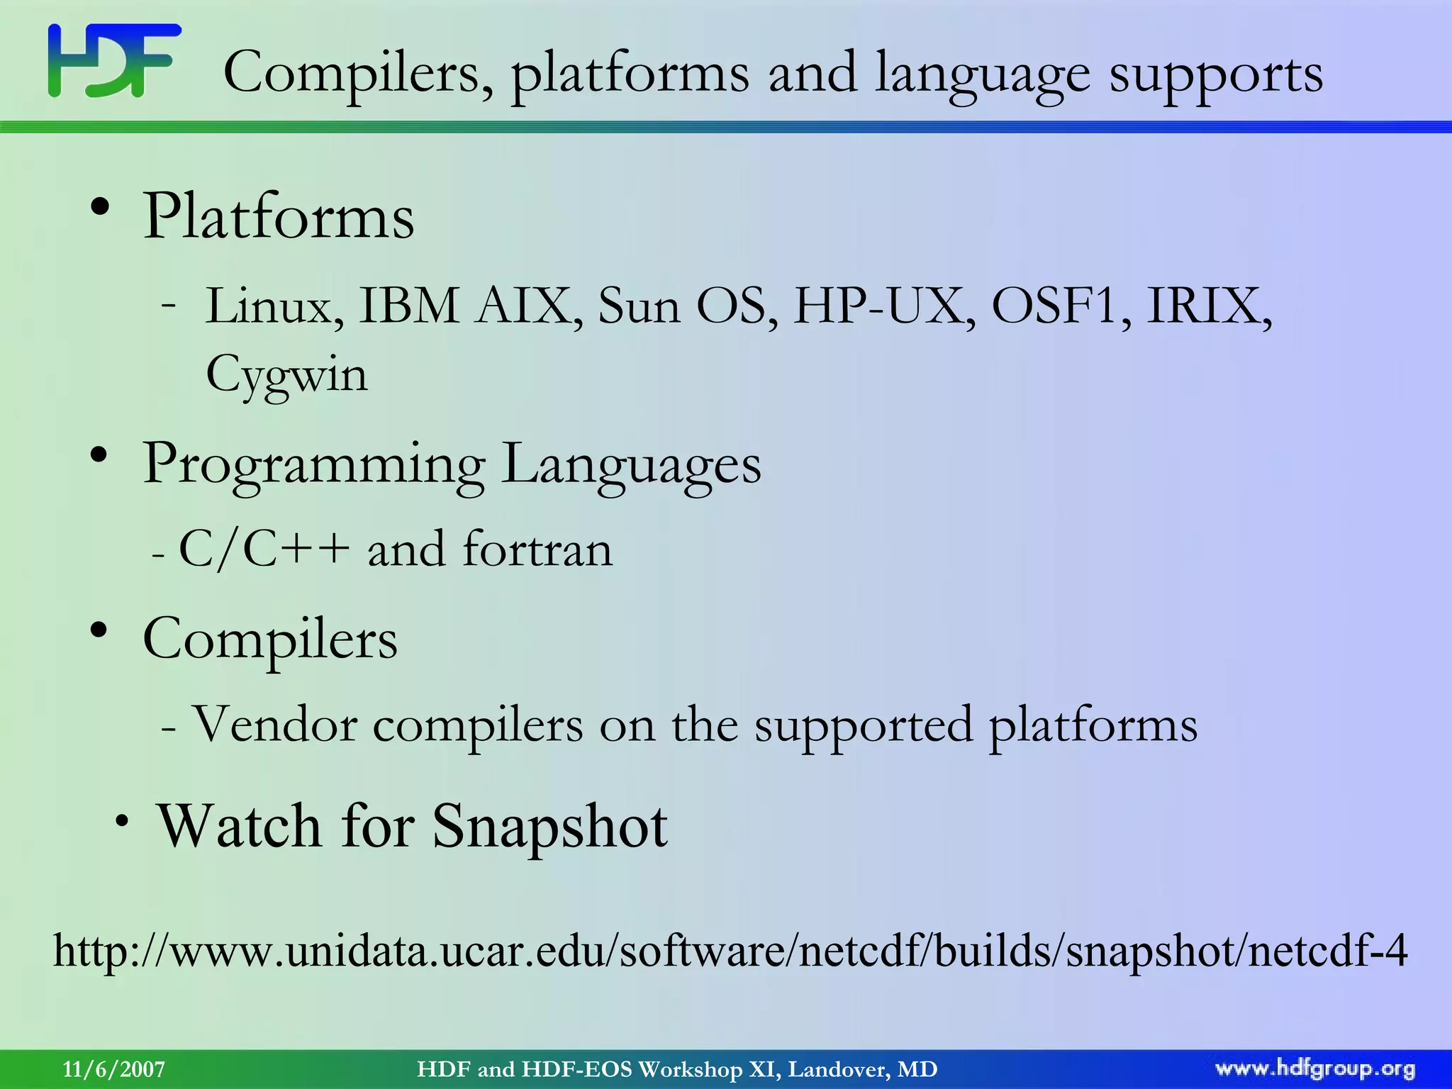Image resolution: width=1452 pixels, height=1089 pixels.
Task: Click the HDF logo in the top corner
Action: click(x=114, y=61)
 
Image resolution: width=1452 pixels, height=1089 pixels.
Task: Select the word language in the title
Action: click(x=982, y=73)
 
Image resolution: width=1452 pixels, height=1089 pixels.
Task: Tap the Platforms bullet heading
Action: click(x=279, y=216)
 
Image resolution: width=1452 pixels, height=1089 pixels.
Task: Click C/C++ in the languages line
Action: click(x=264, y=549)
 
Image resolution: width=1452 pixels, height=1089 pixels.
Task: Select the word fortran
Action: click(x=537, y=549)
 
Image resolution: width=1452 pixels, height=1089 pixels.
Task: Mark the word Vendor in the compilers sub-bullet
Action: click(x=274, y=725)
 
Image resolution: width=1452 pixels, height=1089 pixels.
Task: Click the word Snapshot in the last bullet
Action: click(x=549, y=827)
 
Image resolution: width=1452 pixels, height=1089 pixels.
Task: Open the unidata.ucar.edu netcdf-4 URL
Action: click(x=730, y=951)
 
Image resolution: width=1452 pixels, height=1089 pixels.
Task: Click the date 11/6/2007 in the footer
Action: click(x=114, y=1069)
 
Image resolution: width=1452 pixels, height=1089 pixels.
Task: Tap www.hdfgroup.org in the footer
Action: click(x=1315, y=1069)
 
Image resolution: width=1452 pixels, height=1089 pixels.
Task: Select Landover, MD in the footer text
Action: click(x=863, y=1069)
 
